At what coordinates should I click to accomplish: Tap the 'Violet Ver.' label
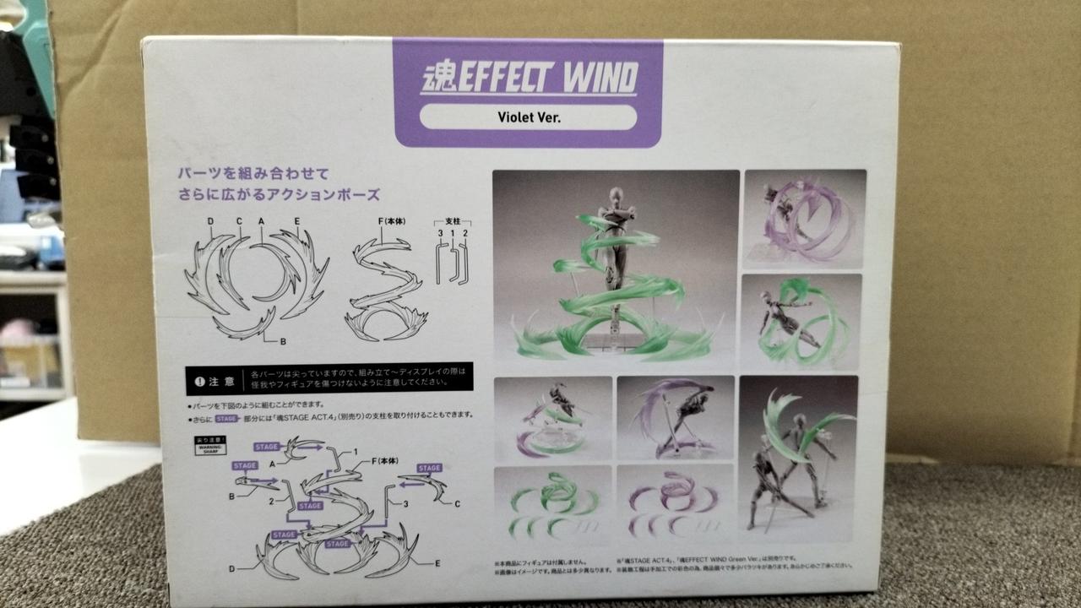[x=529, y=117]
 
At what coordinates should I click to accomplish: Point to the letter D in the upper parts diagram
[x=209, y=222]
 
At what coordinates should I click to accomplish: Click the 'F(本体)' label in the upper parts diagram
[x=393, y=222]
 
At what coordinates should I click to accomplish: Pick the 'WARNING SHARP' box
[x=210, y=446]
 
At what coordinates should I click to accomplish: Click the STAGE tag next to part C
[x=429, y=468]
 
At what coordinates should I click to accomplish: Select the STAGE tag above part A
[x=267, y=447]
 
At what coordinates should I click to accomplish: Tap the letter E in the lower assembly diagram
[x=437, y=562]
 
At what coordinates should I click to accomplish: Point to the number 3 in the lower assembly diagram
[x=405, y=504]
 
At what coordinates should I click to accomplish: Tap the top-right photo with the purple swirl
[x=803, y=217]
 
